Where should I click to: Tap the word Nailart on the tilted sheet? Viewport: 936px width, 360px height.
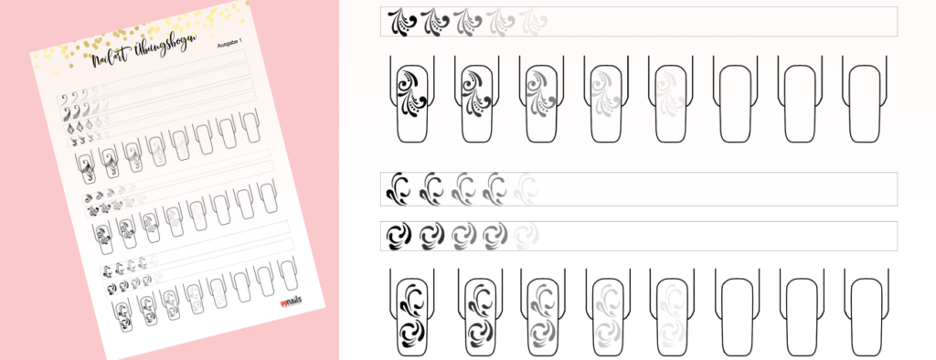coord(109,61)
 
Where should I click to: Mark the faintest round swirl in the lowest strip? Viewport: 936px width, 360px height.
coord(527,236)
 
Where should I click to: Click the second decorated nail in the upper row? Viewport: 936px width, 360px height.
coord(478,101)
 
